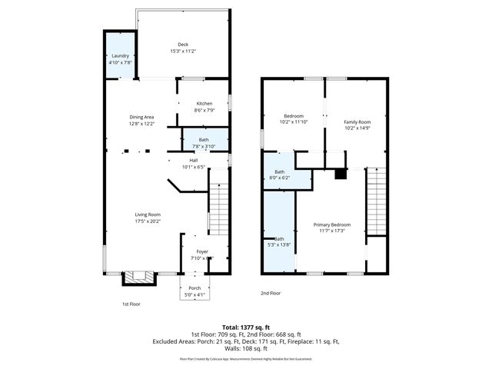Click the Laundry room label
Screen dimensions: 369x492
point(120,56)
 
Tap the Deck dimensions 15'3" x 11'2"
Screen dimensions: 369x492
point(183,52)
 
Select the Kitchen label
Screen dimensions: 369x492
point(204,104)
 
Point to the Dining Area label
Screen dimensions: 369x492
point(141,117)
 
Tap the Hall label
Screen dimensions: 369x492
point(194,160)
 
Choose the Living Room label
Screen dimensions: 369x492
point(148,214)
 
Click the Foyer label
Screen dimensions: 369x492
point(202,251)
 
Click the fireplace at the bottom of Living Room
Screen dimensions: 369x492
point(139,276)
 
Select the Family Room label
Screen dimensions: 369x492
point(357,122)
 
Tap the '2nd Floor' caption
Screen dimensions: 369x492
point(270,293)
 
